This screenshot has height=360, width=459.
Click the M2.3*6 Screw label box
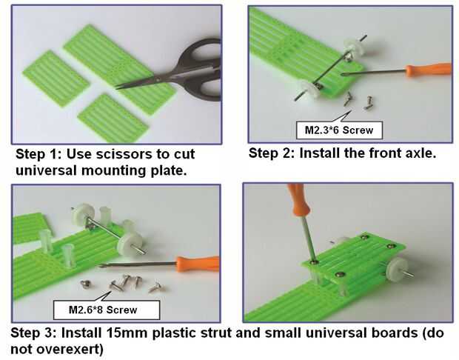coord(339,130)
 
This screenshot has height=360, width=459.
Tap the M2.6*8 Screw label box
coord(107,310)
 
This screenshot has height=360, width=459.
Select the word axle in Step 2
coord(420,153)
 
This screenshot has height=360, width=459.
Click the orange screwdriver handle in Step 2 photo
coord(429,70)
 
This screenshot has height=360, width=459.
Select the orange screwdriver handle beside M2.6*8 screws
coord(198,264)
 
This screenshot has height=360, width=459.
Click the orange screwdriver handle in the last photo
coord(298,200)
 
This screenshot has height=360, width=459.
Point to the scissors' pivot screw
coord(158,79)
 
